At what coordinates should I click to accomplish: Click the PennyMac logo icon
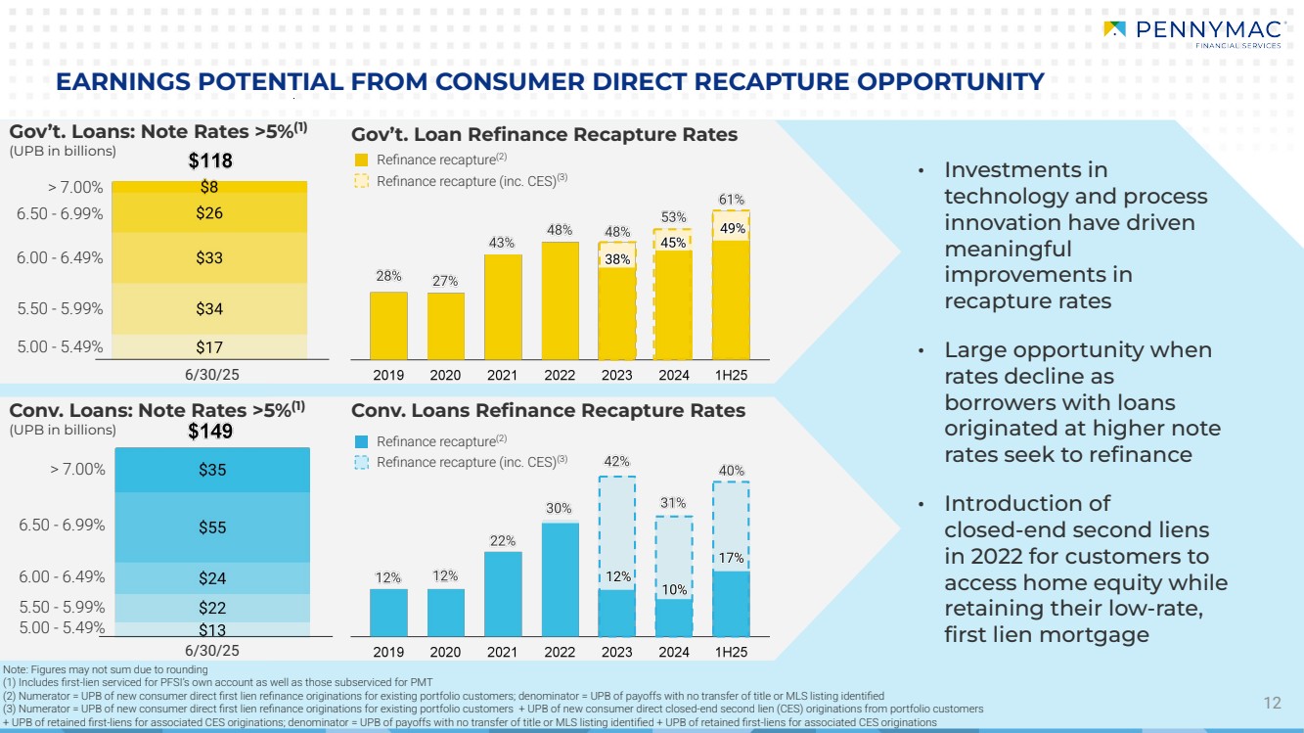tap(1113, 29)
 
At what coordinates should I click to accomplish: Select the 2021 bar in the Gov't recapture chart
tap(502, 305)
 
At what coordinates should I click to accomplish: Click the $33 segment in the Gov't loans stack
tap(209, 258)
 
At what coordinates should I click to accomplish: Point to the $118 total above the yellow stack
tap(209, 161)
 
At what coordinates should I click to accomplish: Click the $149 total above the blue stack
tap(211, 429)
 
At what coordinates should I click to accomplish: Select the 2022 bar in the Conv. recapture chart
tap(560, 578)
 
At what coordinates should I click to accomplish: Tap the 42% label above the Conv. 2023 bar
tap(616, 461)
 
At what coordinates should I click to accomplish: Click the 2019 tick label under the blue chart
tap(387, 653)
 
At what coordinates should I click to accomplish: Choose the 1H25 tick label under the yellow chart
tap(731, 376)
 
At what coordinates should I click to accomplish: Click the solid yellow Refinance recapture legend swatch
tap(361, 160)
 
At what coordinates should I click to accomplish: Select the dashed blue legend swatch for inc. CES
tap(361, 463)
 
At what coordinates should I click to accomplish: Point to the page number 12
tap(1272, 703)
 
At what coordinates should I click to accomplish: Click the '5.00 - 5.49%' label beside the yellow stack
tap(61, 346)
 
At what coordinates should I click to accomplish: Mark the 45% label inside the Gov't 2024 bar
tap(673, 243)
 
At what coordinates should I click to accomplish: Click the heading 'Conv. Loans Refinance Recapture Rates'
tap(548, 411)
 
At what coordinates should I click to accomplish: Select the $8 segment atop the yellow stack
tap(209, 186)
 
